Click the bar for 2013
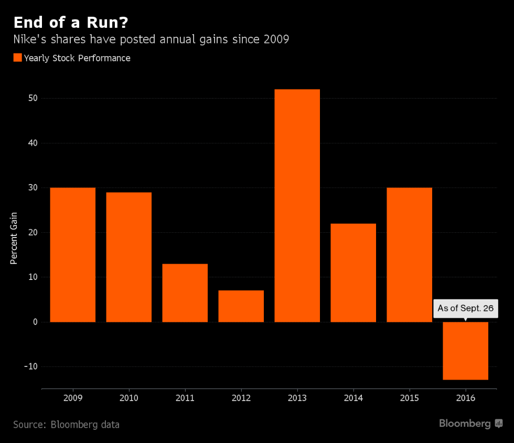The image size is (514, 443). click(x=297, y=206)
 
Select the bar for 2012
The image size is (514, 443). click(x=241, y=306)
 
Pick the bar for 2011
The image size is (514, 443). click(x=185, y=293)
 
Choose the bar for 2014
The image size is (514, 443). click(x=353, y=273)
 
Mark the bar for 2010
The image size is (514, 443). click(x=128, y=257)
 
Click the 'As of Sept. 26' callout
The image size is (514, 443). click(x=466, y=308)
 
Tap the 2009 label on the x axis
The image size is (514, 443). click(x=72, y=398)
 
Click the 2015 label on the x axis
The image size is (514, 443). click(x=409, y=398)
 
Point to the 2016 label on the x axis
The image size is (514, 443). click(x=466, y=398)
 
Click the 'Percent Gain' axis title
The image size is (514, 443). click(x=14, y=237)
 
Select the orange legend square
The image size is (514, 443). click(x=17, y=58)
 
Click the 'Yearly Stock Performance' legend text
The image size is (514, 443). click(x=77, y=58)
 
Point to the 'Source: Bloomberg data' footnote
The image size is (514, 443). click(x=66, y=424)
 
